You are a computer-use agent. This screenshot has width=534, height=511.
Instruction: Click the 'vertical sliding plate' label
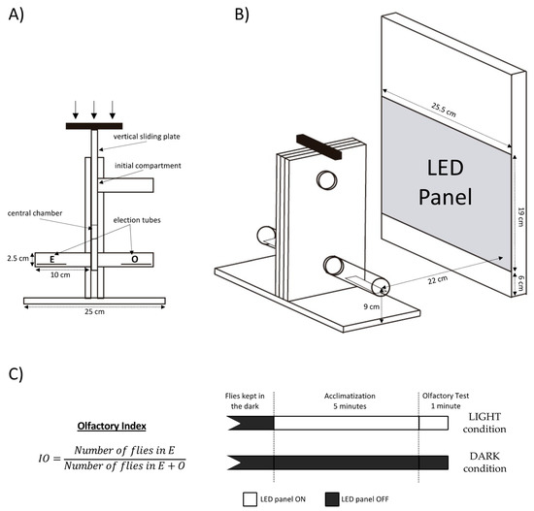[x=147, y=137]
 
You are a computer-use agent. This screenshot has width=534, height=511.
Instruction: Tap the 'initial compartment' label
[x=148, y=166]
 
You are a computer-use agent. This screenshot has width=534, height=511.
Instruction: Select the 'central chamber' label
[x=35, y=213]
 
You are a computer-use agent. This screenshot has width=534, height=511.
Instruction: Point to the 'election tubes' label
[x=137, y=220]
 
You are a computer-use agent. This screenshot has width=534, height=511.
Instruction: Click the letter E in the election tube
[x=52, y=259]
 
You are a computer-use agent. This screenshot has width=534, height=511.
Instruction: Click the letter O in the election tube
[x=135, y=259]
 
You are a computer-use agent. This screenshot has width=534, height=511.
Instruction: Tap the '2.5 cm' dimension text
[x=18, y=258]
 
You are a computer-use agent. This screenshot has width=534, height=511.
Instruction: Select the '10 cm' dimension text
[x=60, y=274]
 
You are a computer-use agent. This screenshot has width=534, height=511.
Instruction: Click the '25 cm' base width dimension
[x=95, y=311]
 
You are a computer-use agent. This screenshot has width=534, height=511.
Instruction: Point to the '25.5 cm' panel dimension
[x=444, y=110]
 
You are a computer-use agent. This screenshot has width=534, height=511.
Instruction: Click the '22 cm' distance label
[x=438, y=279]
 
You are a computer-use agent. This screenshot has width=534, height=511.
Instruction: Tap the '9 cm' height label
[x=371, y=306]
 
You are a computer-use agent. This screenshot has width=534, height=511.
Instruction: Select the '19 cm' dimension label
[x=520, y=217]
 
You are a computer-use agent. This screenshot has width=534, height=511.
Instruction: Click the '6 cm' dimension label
[x=520, y=283]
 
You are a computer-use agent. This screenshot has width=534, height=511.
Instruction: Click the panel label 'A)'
[x=16, y=15]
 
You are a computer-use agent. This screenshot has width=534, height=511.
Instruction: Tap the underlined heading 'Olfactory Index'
[x=112, y=426]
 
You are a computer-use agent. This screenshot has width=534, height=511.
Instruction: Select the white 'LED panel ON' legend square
[x=250, y=499]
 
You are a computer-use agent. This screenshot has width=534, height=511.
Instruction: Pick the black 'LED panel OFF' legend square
[x=332, y=499]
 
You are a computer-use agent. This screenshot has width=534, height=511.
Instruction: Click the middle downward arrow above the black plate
[x=94, y=110]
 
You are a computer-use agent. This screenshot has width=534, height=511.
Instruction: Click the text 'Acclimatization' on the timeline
[x=350, y=396]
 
